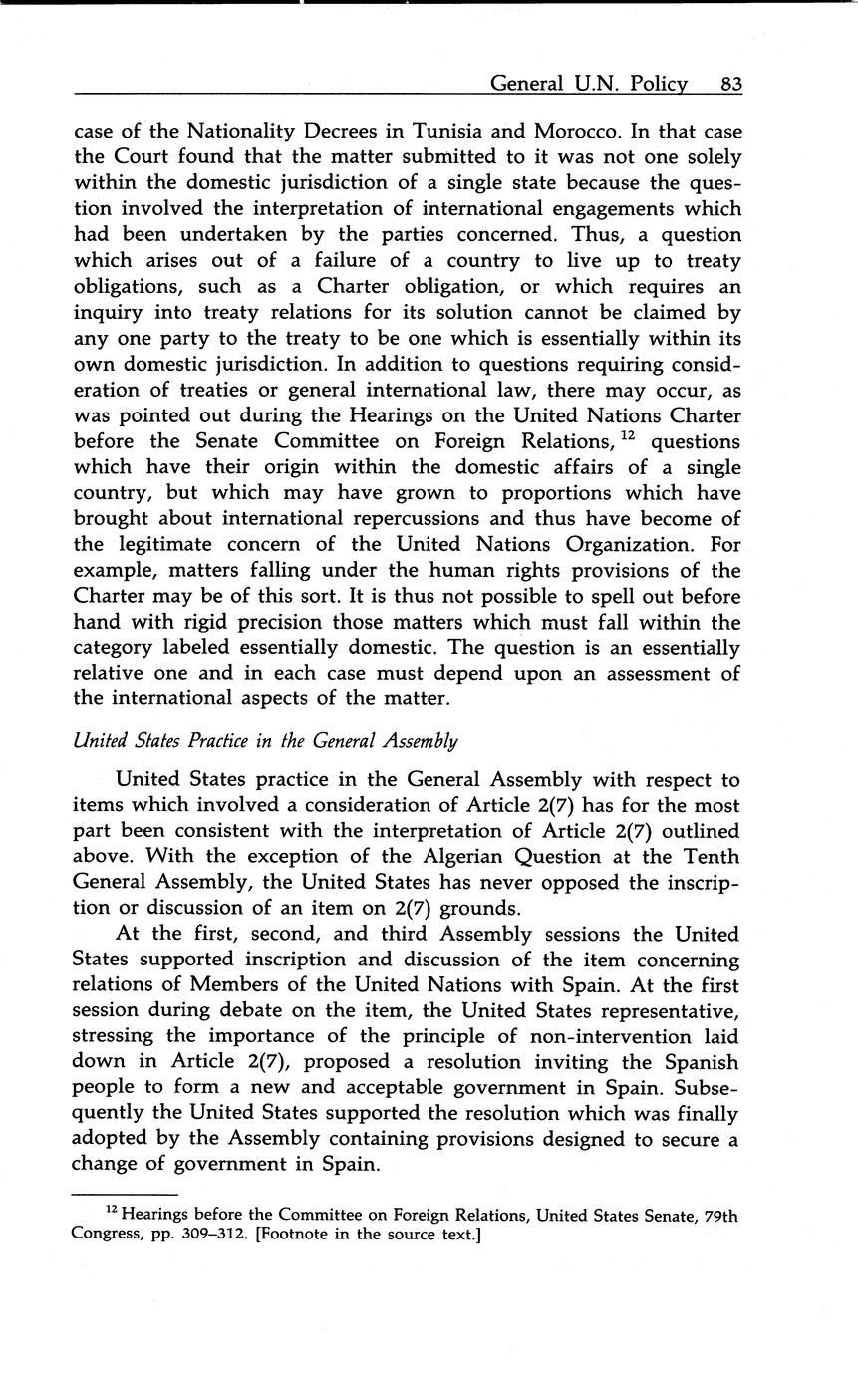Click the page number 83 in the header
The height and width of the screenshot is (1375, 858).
pyautogui.click(x=730, y=85)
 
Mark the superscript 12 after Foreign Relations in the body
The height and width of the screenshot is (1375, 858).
pyautogui.click(x=629, y=434)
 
